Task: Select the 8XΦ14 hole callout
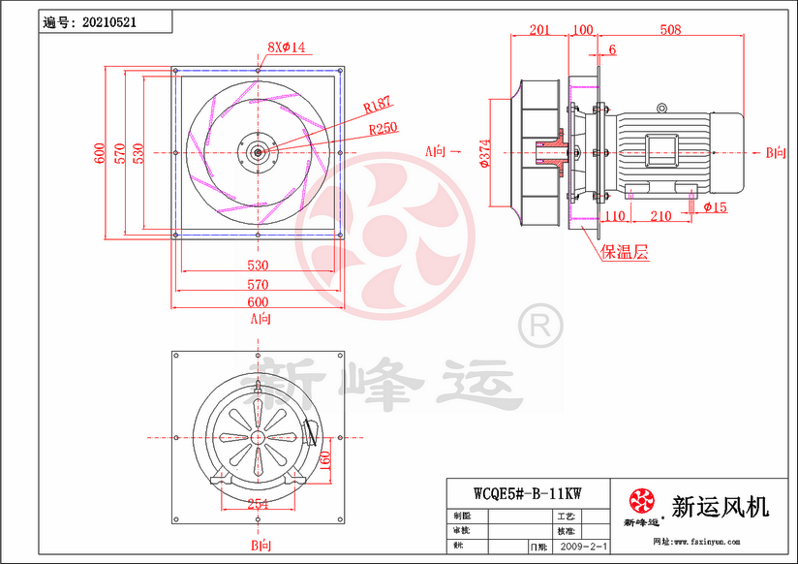286,47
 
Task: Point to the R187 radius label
377,103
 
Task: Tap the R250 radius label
383,126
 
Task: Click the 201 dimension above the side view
539,30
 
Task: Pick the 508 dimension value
669,30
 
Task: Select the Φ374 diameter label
485,152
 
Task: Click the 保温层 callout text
625,253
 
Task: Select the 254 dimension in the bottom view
258,503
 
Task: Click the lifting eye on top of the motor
662,108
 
